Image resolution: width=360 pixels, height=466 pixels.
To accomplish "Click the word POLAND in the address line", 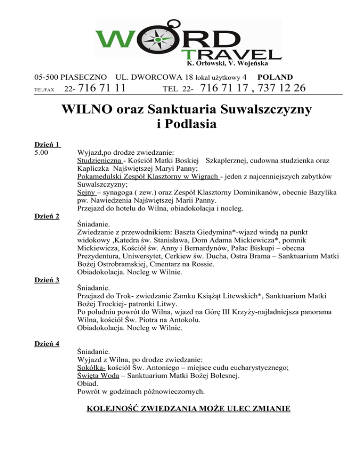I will (x=276, y=76).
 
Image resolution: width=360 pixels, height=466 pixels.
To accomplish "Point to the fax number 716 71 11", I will (x=101, y=88).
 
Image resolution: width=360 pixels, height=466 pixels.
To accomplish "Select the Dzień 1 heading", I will (x=48, y=144).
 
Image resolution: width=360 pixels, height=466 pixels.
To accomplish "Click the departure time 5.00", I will (x=43, y=152).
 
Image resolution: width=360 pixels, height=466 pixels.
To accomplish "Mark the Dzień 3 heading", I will (x=47, y=280).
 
